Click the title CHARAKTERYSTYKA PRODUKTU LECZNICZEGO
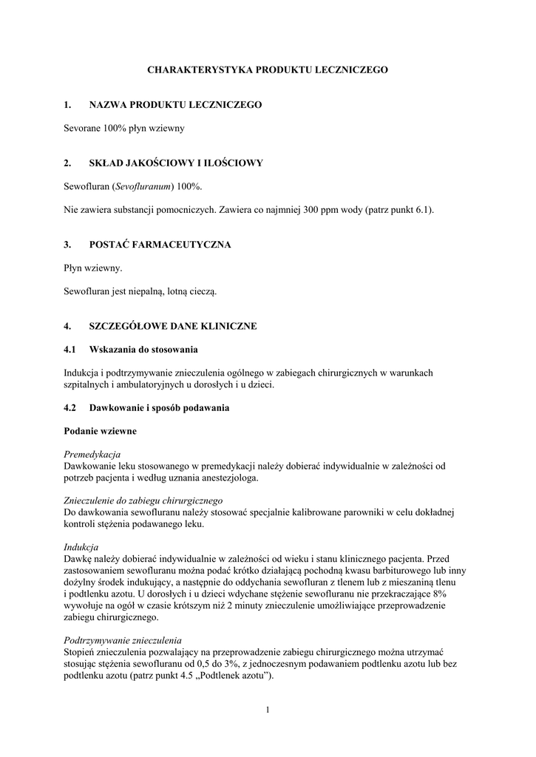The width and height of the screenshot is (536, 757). click(268, 69)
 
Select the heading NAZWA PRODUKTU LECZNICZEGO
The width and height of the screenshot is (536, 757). click(175, 106)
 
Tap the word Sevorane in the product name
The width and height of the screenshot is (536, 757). click(82, 128)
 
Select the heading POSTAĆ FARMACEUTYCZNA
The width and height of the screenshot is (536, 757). click(160, 245)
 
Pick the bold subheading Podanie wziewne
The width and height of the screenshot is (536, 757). click(100, 430)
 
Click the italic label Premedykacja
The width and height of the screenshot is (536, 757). click(92, 454)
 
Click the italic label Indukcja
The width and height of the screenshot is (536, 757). click(81, 548)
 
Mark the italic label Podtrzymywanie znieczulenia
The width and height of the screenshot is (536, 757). click(123, 640)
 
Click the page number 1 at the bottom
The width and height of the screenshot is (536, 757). click(268, 710)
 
